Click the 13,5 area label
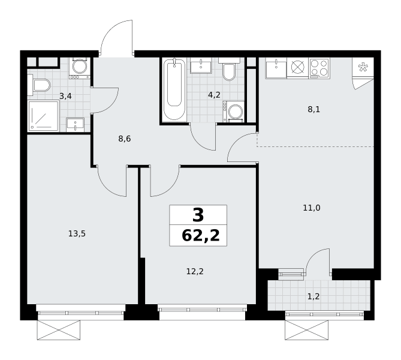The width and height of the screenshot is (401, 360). click(x=77, y=234)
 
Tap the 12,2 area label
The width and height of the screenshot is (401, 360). click(x=195, y=271)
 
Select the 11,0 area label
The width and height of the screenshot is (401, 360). click(x=312, y=208)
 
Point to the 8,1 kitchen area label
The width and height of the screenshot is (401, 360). click(x=314, y=110)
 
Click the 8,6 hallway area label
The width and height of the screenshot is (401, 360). click(x=125, y=139)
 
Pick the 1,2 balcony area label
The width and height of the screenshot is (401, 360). click(x=313, y=297)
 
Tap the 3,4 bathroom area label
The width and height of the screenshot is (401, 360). click(x=65, y=96)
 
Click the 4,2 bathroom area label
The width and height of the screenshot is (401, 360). click(x=214, y=95)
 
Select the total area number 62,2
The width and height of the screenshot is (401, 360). click(x=200, y=236)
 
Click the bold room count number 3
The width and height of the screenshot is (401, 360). click(x=198, y=215)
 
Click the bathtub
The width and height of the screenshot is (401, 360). click(x=174, y=89)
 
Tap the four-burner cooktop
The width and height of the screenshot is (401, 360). click(x=319, y=68)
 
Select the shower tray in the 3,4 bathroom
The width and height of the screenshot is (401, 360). click(x=44, y=115)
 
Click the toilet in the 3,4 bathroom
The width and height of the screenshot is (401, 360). click(x=39, y=85)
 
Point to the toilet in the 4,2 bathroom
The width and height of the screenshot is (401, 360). click(x=229, y=68)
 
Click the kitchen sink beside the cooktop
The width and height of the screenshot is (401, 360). click(x=276, y=68)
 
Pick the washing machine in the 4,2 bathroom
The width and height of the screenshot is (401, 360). click(x=234, y=112)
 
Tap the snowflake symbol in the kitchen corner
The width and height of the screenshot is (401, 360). click(x=363, y=67)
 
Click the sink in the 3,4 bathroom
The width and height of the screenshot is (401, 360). click(x=75, y=125)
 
